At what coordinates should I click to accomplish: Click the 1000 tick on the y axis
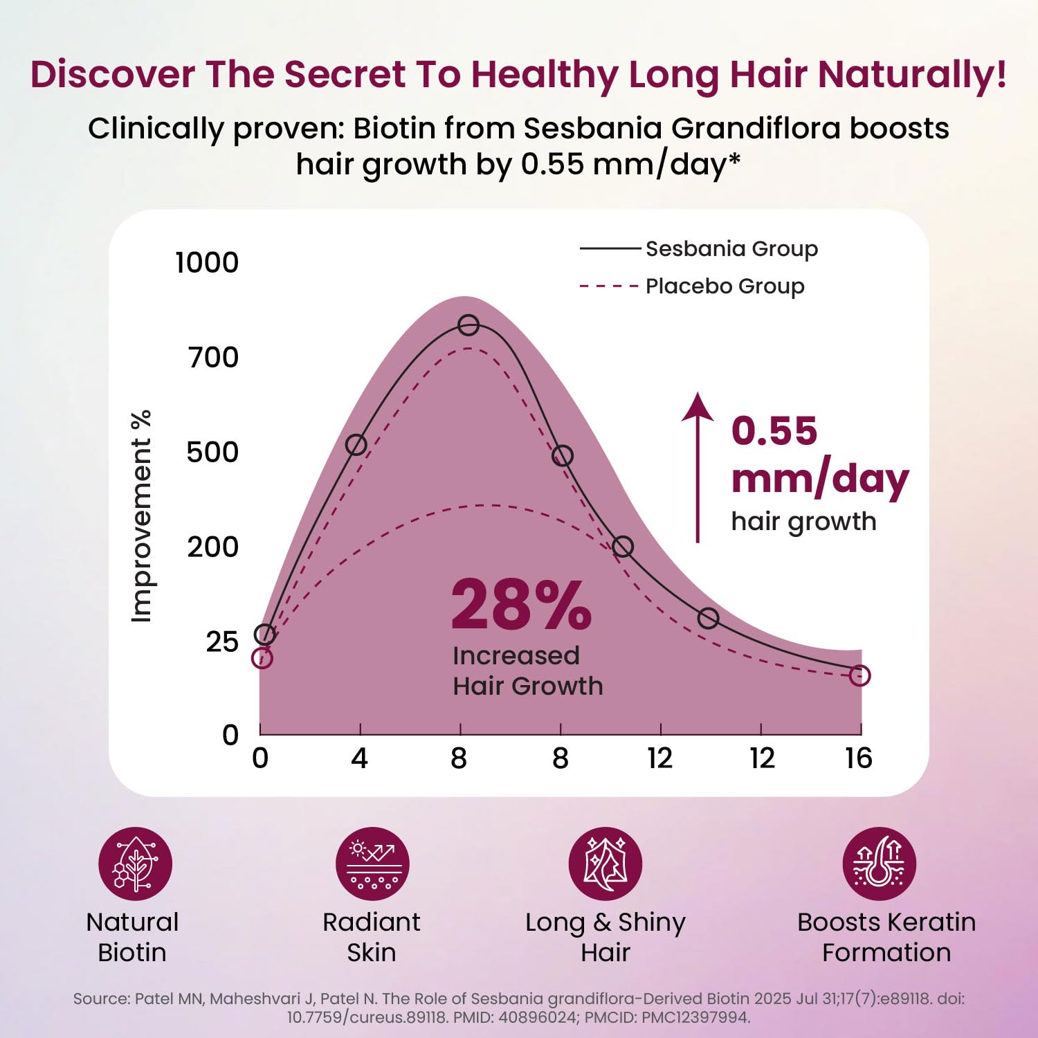[206, 263]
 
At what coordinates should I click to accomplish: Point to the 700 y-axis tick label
[213, 358]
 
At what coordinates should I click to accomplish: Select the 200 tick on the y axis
[212, 547]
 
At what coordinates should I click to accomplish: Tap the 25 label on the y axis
[221, 642]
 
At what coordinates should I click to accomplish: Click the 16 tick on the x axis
[859, 759]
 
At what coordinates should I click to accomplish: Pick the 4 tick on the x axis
[359, 759]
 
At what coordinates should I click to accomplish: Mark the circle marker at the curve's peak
[468, 325]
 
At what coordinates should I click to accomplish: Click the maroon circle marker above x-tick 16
[859, 675]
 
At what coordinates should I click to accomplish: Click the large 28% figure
[521, 605]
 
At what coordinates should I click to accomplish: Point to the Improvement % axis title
[141, 516]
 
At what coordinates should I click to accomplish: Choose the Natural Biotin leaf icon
[136, 864]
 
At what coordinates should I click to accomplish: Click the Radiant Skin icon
[372, 864]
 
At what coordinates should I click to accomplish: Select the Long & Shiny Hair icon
[605, 864]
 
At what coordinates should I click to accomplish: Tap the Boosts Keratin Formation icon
[879, 864]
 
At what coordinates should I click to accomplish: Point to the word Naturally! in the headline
[912, 75]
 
